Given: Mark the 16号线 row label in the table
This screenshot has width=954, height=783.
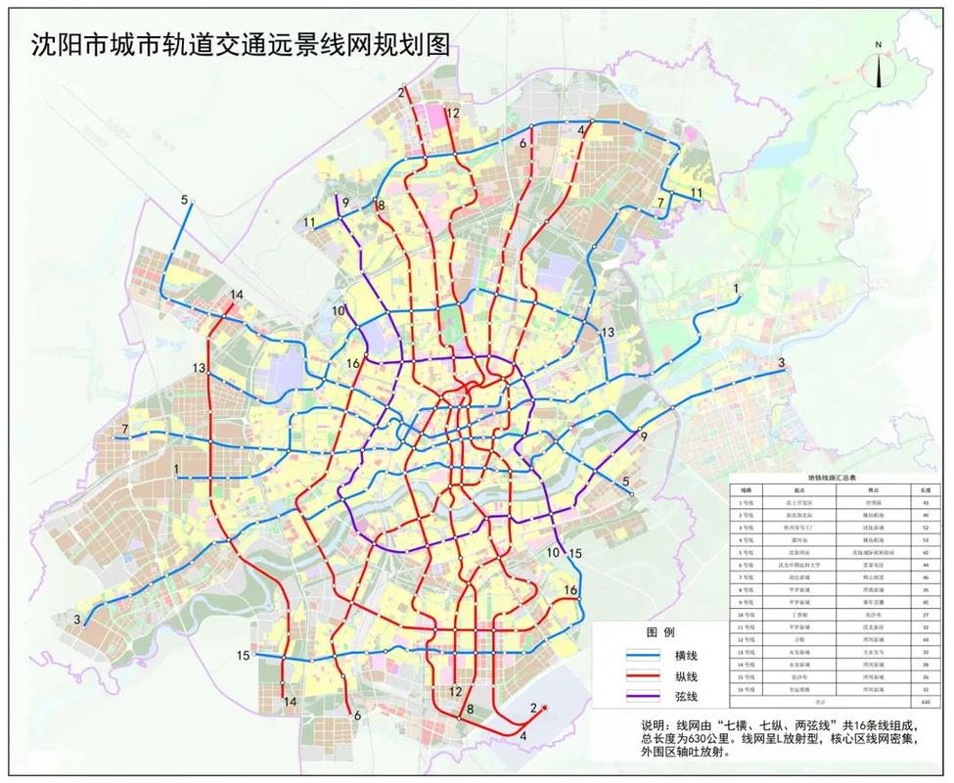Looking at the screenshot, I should (747, 690).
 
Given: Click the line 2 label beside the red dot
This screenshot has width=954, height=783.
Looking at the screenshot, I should (533, 708).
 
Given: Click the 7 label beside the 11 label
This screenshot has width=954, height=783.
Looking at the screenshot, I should (661, 203).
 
